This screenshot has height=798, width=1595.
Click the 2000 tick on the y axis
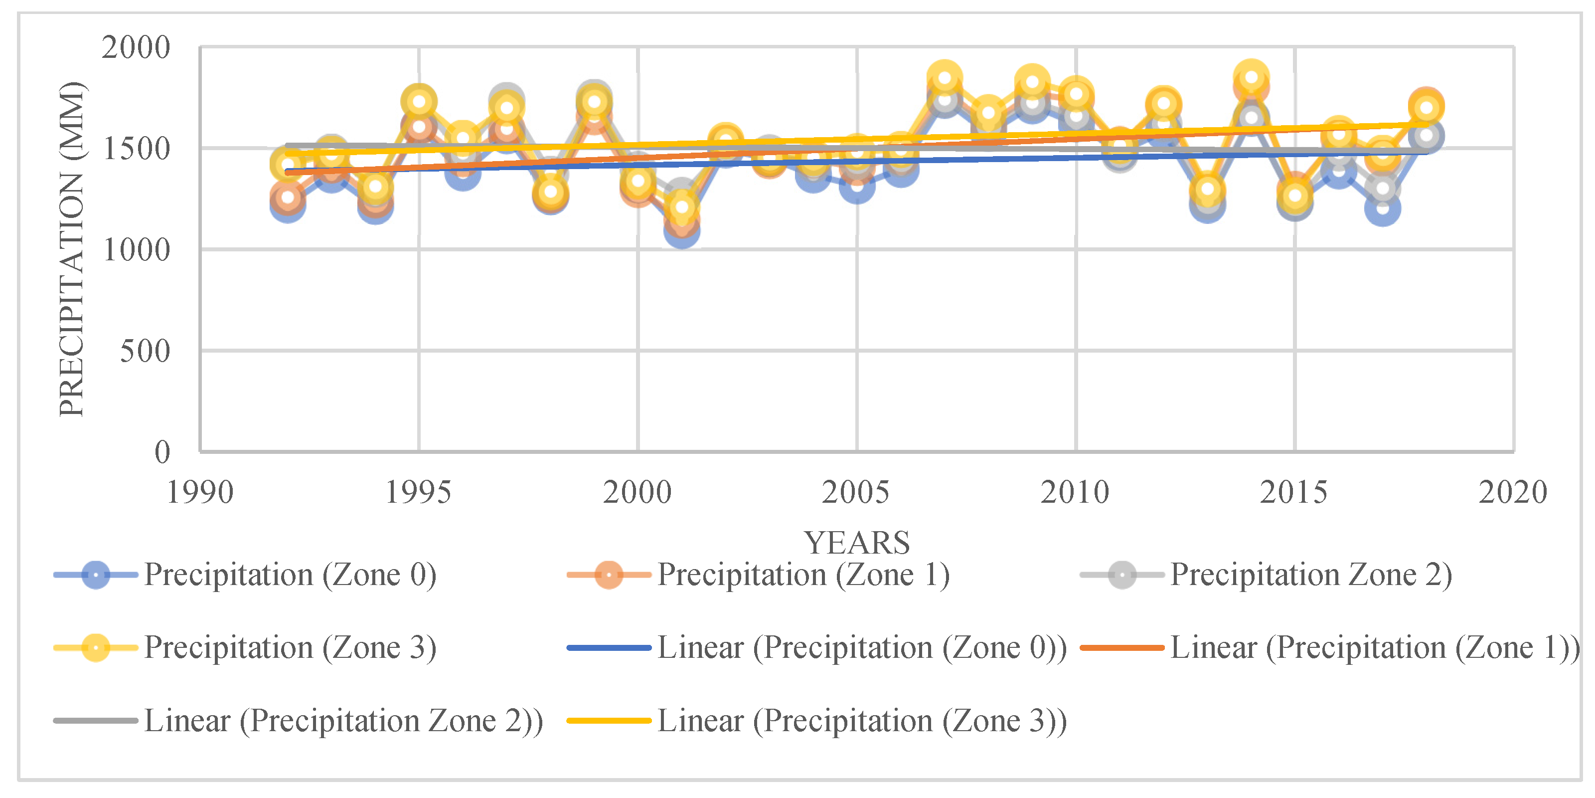136,48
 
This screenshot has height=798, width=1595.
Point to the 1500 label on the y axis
136,149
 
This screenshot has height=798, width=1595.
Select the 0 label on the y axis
162,452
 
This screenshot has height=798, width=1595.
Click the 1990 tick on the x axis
200,493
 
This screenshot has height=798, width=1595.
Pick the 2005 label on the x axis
856,493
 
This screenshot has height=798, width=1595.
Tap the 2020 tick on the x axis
1513,493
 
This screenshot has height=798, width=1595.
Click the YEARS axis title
857,543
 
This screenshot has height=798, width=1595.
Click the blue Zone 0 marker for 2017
1382,207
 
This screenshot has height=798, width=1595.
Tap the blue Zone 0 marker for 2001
682,231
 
